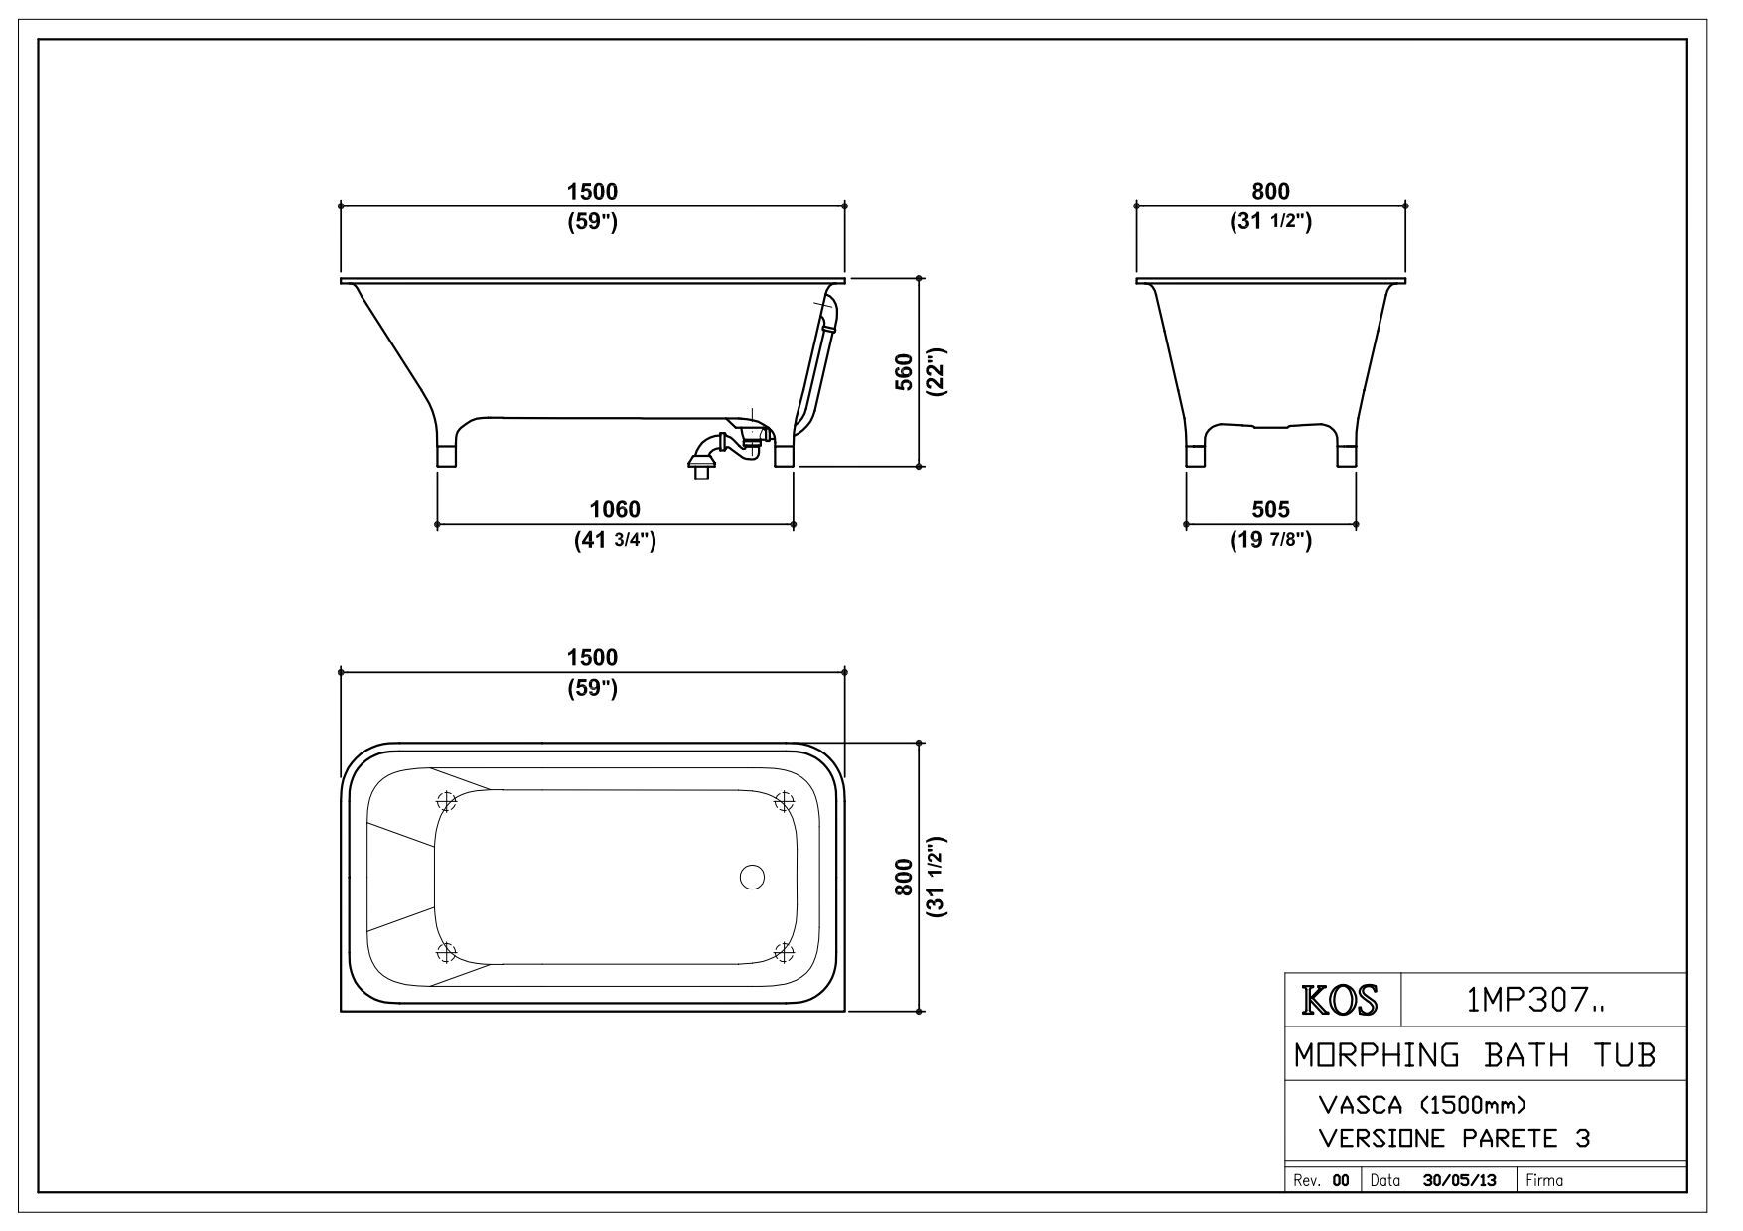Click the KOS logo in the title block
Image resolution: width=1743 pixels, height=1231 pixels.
pyautogui.click(x=1341, y=1000)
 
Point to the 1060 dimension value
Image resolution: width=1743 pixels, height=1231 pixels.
pyautogui.click(x=615, y=509)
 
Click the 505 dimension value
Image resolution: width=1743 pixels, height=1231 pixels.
pyautogui.click(x=1270, y=509)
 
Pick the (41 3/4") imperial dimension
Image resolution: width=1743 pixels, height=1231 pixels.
pyautogui.click(x=615, y=541)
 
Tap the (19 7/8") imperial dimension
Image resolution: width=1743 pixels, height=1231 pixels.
pyautogui.click(x=1270, y=541)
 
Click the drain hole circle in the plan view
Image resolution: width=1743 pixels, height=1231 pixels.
pyautogui.click(x=753, y=877)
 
